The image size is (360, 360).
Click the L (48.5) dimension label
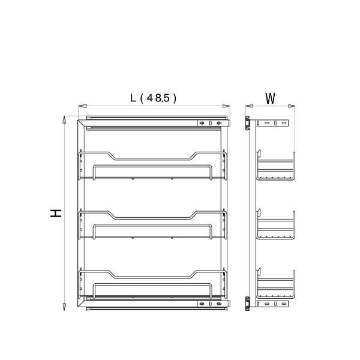coord(153,98)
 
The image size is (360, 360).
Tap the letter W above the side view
coord(270,98)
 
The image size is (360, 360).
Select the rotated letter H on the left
coord(56,213)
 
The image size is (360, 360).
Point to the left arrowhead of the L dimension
coord(82,106)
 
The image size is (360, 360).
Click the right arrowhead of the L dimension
coord(226,106)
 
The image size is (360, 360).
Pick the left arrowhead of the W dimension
coord(249,106)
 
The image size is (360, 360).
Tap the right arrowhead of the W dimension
coord(292,106)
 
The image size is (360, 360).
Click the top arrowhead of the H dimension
coord(64,119)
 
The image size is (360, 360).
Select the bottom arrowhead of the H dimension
coord(64,307)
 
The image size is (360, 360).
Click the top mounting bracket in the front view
coord(214,123)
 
